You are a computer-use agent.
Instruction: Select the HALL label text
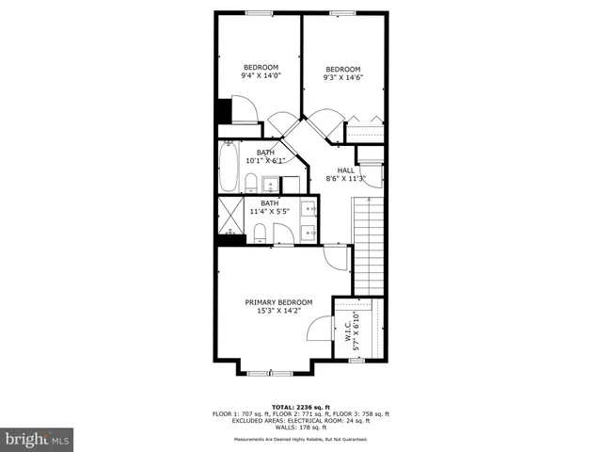(346, 169)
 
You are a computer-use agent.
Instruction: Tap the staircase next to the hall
(369, 245)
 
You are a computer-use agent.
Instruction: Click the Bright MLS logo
(38, 439)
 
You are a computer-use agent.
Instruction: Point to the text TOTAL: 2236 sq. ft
(301, 406)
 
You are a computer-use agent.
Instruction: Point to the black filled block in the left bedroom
(225, 111)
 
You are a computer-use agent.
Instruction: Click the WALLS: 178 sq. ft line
(301, 428)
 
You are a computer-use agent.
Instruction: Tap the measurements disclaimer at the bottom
(301, 440)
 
